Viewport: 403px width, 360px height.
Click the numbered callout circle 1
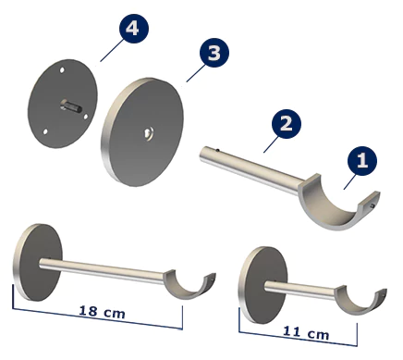pos(362,161)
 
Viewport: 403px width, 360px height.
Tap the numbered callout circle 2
pos(287,124)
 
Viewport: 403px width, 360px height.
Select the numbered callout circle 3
pos(214,53)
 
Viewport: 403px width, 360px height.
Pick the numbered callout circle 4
pos(133,29)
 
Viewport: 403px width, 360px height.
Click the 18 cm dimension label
pos(103,312)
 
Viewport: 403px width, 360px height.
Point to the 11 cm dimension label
pos(306,332)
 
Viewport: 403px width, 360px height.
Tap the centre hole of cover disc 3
pos(149,133)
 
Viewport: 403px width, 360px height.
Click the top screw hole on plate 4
pos(62,70)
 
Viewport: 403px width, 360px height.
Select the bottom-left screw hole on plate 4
pos(45,131)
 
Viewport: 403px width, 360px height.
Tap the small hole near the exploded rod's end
pos(218,151)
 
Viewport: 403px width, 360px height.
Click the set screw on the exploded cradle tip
pos(372,205)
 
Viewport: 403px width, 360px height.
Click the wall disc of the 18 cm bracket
pos(38,262)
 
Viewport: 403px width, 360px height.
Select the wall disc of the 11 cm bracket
pos(263,285)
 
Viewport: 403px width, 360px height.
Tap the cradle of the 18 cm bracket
pos(189,287)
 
